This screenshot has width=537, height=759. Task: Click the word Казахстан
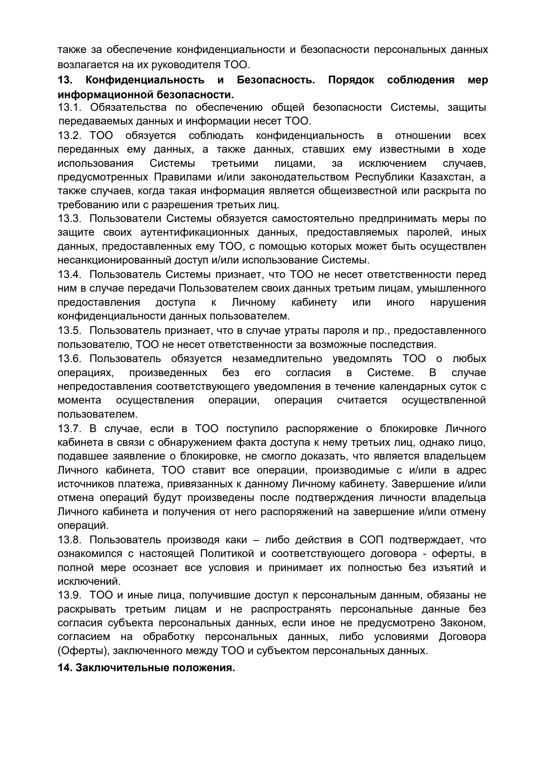447,177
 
